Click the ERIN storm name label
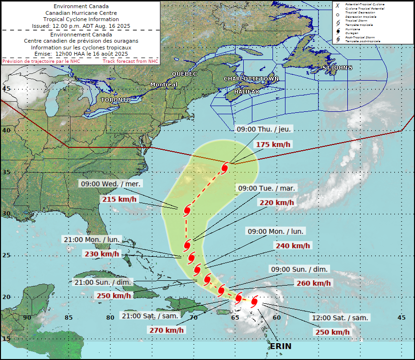point(280,346)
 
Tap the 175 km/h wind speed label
point(273,144)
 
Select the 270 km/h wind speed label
point(166,330)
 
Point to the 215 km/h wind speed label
point(118,199)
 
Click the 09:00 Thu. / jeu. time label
point(264,129)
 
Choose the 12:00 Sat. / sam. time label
point(340,318)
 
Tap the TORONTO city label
point(116,100)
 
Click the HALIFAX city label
point(247,91)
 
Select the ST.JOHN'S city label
point(337,68)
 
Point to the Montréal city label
point(164,84)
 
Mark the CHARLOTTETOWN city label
point(251,78)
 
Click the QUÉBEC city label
point(185,74)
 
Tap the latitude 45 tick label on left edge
point(7,88)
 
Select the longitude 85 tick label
point(69,317)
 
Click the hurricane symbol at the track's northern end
point(225,168)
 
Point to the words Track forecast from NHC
point(130,61)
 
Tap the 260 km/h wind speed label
point(314,283)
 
